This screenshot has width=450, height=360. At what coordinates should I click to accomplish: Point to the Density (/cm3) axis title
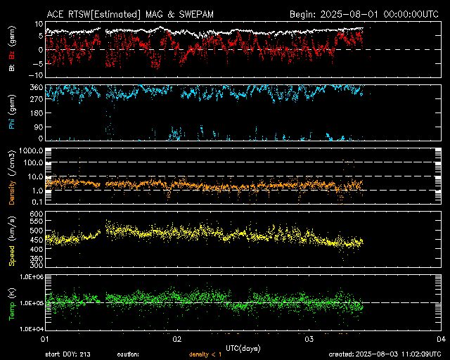click(x=11, y=176)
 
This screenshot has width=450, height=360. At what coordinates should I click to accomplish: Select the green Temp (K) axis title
click(x=11, y=302)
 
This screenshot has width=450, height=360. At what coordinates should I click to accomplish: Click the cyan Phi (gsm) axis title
click(x=11, y=112)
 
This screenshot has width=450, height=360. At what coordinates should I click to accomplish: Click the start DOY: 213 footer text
click(x=67, y=354)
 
